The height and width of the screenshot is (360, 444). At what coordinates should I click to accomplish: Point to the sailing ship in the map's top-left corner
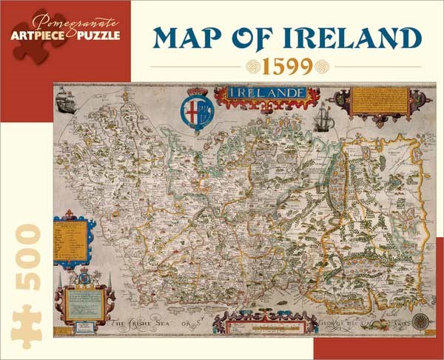(66, 101)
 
